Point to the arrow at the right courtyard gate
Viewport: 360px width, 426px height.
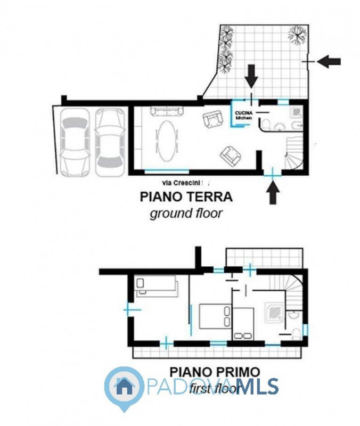[x=329, y=62]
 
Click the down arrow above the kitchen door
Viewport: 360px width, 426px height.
[x=251, y=80]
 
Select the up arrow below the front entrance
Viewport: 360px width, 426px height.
[x=273, y=192]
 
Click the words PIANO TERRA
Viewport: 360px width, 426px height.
[x=186, y=196]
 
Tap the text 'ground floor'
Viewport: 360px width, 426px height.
[x=185, y=214]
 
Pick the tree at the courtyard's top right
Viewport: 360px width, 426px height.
[x=297, y=35]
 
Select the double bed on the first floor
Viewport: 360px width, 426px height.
[x=215, y=316]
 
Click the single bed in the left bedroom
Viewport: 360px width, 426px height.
[x=155, y=285]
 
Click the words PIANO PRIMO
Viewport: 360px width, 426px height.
[x=215, y=371]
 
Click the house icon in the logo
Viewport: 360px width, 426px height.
[x=124, y=385]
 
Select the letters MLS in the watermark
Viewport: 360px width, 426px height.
[x=257, y=387]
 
